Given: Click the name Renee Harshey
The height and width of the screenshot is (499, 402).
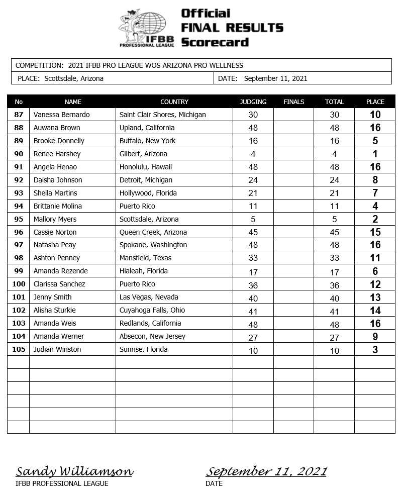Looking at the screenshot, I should pos(57,154).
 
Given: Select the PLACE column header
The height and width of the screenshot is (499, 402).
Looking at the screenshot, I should pos(375,102).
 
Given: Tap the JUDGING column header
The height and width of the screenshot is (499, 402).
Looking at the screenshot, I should pos(253,102).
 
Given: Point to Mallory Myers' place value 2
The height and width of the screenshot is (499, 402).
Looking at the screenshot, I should pos(375,219).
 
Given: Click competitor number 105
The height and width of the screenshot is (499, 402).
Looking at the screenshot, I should pos(19,349).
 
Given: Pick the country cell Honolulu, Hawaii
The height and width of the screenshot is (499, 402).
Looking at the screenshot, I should pos(146,167).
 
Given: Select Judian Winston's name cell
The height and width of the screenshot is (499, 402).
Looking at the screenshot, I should pos(57,349).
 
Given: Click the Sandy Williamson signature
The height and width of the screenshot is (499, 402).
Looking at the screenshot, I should pos(74,471).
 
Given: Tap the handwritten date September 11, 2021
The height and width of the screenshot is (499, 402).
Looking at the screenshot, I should pos(266,471).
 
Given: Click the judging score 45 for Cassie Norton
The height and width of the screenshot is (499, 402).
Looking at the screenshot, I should pos(253,232).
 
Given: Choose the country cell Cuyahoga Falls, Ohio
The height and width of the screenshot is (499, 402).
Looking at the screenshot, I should pos(152,310).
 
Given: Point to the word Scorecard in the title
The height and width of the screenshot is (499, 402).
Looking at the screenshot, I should pos(215,42).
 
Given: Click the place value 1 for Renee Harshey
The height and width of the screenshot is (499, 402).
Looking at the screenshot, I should pos(375,154).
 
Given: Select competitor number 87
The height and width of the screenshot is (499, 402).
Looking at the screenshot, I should pos(19,115).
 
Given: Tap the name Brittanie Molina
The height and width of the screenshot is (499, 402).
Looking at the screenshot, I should pos(58,206).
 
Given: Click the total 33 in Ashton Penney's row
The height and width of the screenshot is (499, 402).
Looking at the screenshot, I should pos(334,258).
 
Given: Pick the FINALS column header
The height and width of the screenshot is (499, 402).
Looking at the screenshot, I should pos(294,102).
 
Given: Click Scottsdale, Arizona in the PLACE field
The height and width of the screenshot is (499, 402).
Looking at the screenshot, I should pos(74,78).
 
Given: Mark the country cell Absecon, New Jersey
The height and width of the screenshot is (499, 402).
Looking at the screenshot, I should pos(152,336).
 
